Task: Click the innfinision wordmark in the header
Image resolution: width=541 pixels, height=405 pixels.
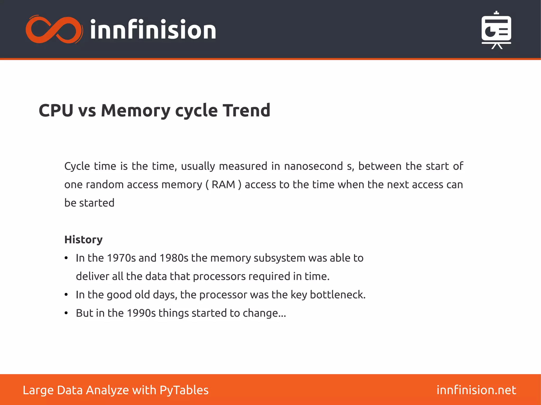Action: click(153, 30)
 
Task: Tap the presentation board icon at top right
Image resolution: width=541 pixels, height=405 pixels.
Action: click(496, 30)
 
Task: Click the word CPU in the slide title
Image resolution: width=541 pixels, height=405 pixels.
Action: click(56, 110)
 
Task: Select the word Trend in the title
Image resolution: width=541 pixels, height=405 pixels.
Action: click(246, 110)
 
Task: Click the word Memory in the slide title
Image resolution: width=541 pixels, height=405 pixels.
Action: click(136, 110)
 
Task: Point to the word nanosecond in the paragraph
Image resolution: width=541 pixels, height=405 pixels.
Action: click(313, 166)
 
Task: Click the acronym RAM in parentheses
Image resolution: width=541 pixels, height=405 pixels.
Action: click(223, 185)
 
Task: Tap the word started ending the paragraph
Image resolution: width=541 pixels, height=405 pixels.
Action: click(97, 203)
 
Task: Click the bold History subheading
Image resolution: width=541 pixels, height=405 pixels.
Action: click(83, 240)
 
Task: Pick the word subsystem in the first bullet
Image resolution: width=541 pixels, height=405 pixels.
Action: click(279, 258)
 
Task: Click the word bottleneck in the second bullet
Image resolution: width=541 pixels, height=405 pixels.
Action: click(337, 295)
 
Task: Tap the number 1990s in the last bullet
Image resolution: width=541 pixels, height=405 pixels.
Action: click(141, 313)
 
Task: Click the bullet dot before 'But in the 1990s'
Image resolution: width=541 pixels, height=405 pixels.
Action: click(66, 313)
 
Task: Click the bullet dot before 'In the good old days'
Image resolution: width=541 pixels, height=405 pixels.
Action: click(66, 295)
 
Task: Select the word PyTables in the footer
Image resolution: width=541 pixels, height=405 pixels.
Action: click(184, 390)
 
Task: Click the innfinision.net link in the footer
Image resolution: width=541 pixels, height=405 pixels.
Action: click(476, 390)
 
